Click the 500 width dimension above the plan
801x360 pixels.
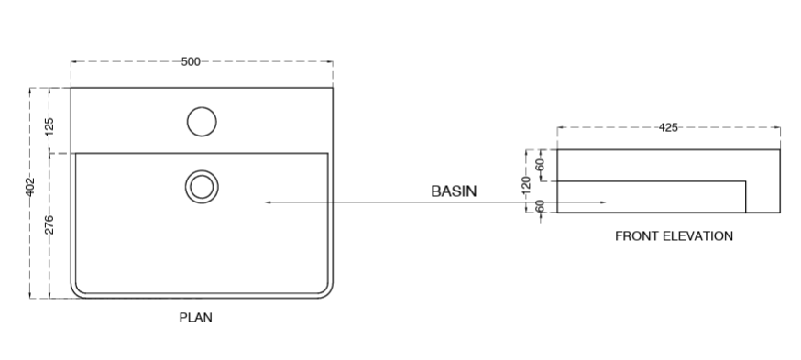191,61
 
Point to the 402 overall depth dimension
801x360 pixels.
30,187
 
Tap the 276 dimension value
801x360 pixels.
49,224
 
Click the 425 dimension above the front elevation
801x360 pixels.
668,127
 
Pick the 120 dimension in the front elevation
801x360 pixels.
526,183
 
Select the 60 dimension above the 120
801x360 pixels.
540,165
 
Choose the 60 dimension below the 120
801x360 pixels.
540,205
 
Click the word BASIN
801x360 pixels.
455,191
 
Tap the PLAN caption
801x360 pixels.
195,319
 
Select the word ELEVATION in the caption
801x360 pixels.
699,236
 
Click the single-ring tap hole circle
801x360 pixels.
201,121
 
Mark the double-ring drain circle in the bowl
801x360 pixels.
201,186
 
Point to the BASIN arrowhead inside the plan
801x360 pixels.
268,201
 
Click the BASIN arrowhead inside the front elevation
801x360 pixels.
601,201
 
